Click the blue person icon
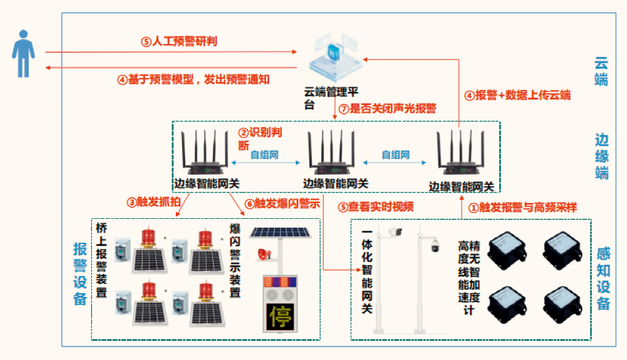click(23, 53)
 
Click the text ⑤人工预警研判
click(179, 42)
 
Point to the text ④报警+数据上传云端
click(517, 95)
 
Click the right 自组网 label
click(396, 154)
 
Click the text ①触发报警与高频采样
click(519, 207)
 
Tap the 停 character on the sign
click(280, 313)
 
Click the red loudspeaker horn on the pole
click(263, 254)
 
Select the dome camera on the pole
click(434, 247)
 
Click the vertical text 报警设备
click(80, 274)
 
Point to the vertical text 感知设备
click(602, 278)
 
